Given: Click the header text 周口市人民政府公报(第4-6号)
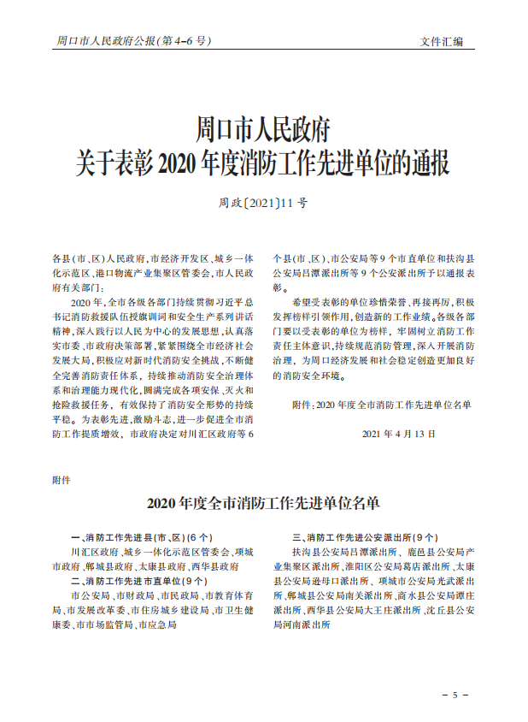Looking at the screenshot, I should point(132,40).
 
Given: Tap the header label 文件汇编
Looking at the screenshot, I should point(442,41).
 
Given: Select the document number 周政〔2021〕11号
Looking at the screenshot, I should point(263,204).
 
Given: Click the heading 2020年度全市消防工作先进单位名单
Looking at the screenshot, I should point(263,502).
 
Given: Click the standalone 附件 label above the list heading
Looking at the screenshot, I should point(62,480).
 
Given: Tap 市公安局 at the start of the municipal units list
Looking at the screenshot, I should point(90,595).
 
